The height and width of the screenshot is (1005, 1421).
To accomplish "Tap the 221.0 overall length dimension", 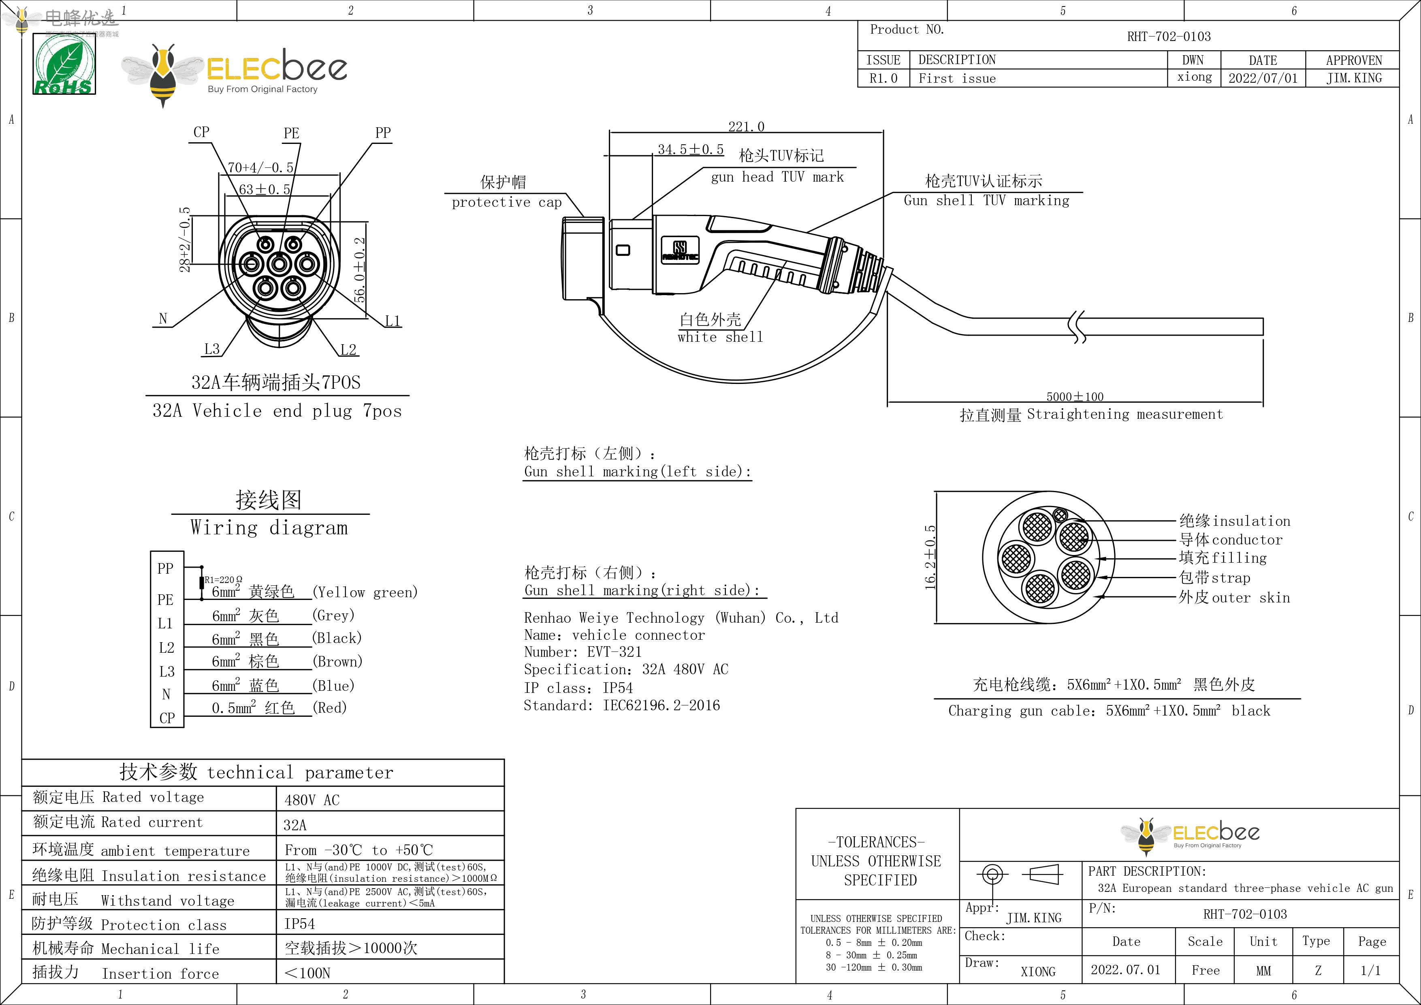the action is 746,126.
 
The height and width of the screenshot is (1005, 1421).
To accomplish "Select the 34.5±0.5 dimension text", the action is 690,149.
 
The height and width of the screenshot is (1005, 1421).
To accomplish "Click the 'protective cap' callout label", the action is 506,202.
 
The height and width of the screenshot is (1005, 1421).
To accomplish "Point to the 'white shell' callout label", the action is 720,337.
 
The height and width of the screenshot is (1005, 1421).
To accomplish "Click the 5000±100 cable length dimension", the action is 1075,396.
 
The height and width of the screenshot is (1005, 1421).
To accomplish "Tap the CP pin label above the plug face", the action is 201,132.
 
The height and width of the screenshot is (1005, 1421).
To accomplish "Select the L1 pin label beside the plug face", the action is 393,321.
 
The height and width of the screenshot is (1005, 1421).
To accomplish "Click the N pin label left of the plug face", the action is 163,318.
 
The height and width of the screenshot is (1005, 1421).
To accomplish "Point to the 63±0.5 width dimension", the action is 264,189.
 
